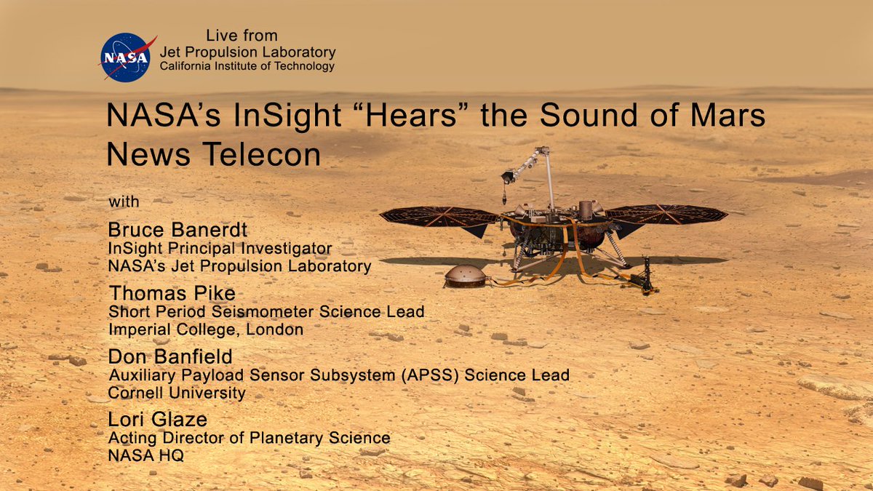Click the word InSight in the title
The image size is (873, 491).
click(287, 116)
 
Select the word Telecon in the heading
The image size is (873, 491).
click(261, 154)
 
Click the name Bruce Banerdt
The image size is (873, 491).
click(178, 230)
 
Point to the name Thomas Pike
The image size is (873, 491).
click(172, 293)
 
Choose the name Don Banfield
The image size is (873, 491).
click(170, 356)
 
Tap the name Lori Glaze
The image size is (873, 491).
click(157, 419)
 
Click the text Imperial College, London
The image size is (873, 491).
click(206, 330)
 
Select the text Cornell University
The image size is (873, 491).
click(177, 393)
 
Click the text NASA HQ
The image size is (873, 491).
click(145, 455)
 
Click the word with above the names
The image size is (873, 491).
click(124, 202)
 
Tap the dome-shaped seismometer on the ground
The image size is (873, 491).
click(466, 276)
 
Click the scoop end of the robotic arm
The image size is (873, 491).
click(509, 177)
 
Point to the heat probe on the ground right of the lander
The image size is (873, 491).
click(645, 276)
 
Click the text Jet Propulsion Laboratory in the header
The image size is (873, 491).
click(248, 52)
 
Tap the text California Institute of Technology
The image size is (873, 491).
click(247, 66)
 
